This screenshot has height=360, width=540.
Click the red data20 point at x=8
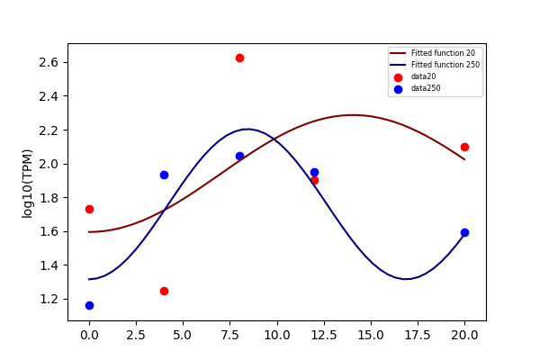[x=239, y=58]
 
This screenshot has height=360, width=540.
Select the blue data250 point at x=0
[x=89, y=306]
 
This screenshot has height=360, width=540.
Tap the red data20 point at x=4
[x=165, y=291]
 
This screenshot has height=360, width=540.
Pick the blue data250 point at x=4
[x=165, y=175]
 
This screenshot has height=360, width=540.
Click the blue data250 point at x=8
[x=239, y=156]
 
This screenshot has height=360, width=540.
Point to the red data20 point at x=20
[x=464, y=147]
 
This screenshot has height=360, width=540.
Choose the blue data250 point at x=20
[x=464, y=232]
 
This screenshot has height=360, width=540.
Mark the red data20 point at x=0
[x=89, y=209]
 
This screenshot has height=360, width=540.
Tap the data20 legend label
[x=424, y=76]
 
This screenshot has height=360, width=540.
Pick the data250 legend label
[x=426, y=88]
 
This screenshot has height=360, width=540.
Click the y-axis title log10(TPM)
[x=27, y=184]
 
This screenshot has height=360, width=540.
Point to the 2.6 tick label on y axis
[x=49, y=62]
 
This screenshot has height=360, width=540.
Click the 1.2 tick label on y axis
[x=49, y=299]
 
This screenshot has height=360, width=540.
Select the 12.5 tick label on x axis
[x=324, y=335]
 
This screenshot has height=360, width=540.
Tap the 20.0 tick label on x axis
[x=464, y=335]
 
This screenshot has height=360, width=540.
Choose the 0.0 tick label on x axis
[x=89, y=335]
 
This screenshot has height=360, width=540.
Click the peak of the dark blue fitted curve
[x=248, y=130]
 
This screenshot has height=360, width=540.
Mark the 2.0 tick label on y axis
[x=49, y=164]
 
